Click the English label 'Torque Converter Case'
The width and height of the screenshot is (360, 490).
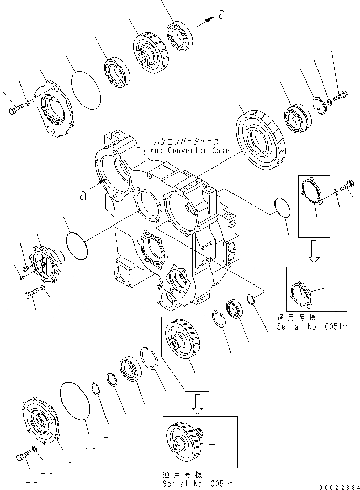pyautogui.click(x=183, y=150)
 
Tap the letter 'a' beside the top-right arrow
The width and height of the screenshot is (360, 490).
pyautogui.click(x=221, y=15)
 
